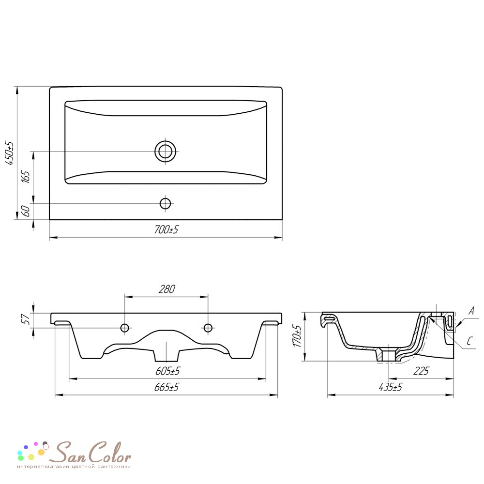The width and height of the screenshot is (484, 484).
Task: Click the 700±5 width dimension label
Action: click(166, 229)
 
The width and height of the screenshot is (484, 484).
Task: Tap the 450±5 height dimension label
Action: click(10, 153)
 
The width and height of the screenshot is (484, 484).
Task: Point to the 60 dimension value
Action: click(26, 211)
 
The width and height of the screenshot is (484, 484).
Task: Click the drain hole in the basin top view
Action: click(166, 151)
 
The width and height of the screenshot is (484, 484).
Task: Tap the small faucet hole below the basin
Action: click(166, 203)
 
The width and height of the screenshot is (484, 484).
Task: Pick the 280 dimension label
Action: click(166, 289)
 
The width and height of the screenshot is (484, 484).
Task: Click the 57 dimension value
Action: click(27, 318)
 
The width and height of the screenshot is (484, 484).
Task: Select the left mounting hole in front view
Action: click(125, 328)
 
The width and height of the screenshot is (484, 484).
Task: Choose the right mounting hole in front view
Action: click(208, 328)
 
